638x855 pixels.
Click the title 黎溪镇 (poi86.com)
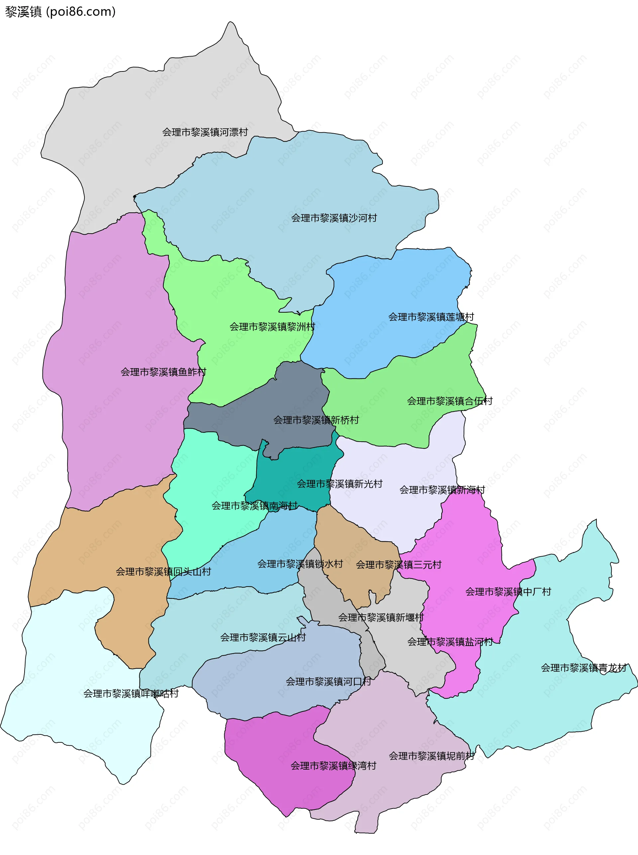pos(60,12)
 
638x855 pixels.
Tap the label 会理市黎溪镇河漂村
pos(205,132)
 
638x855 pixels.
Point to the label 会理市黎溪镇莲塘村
pos(431,317)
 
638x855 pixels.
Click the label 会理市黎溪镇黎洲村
pos(272,327)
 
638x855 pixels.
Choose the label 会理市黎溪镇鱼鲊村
pos(163,372)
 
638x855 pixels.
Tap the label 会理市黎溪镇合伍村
pos(450,401)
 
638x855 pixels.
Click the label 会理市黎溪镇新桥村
pos(316,420)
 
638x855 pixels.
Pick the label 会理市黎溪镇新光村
pos(340,483)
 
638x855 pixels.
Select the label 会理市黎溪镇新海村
pos(442,490)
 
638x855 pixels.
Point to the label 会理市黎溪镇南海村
pos(255,505)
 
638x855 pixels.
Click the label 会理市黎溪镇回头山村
pos(163,572)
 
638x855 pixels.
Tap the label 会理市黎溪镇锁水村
pos(300,564)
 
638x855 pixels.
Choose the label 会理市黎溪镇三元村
pos(398,565)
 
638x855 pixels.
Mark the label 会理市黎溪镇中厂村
pos(508,591)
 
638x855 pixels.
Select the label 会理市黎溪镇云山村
pos(263,637)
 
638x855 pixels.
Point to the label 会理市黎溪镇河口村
pos(328,682)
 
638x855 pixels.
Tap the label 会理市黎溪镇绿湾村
pos(333,766)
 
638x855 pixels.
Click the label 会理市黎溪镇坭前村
pos(431,756)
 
